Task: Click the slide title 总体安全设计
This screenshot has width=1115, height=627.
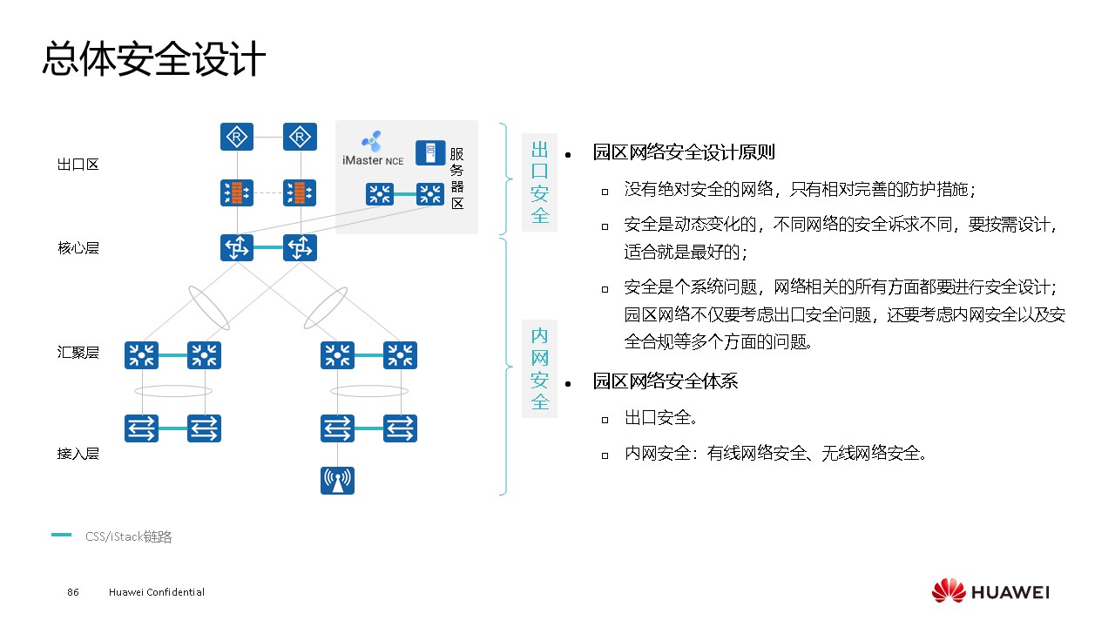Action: [x=153, y=59]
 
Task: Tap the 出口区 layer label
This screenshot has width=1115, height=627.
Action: [x=78, y=165]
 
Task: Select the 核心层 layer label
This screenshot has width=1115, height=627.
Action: [x=78, y=248]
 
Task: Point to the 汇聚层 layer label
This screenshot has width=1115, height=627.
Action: [x=78, y=353]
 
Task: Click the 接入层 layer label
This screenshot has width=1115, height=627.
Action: [x=78, y=454]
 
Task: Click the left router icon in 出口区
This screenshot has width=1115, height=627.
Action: [x=236, y=137]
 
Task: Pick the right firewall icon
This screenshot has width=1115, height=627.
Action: [x=300, y=192]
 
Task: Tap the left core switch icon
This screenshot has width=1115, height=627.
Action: [x=236, y=248]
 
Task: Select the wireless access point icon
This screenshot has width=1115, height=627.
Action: [x=337, y=480]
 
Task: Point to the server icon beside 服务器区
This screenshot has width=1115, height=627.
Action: [x=430, y=152]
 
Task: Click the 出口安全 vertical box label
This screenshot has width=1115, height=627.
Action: [x=539, y=182]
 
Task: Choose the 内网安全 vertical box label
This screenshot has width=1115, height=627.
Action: [x=539, y=369]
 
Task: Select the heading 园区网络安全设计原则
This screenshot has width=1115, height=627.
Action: [x=684, y=152]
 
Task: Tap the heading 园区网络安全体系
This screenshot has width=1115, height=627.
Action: [x=666, y=381]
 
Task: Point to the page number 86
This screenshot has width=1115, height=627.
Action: [x=73, y=592]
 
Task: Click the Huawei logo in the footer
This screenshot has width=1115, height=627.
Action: [x=990, y=591]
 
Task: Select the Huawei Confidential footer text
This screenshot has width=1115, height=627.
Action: [x=157, y=592]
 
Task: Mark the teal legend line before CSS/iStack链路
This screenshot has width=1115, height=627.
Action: [x=61, y=536]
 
